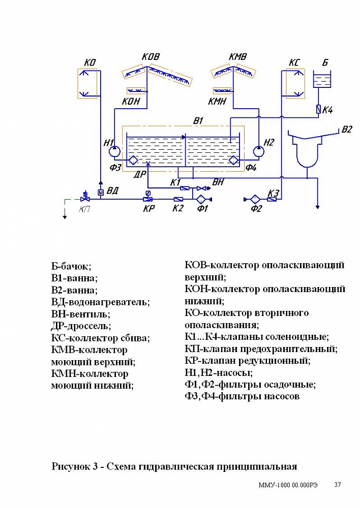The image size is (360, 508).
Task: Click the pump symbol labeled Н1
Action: tap(115, 151)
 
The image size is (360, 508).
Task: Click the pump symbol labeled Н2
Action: tap(259, 151)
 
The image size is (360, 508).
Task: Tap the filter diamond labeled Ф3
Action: tap(133, 160)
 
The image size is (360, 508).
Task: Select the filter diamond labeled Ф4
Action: tap(234, 160)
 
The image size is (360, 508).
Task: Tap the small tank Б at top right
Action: tap(321, 80)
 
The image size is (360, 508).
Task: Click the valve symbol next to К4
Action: tap(318, 109)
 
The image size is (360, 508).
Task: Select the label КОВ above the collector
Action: tap(151, 56)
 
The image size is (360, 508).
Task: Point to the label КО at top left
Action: tap(90, 62)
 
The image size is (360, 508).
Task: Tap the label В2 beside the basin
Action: tap(346, 130)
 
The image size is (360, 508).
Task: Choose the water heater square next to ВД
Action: tap(100, 192)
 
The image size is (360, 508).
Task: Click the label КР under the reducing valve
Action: tap(148, 208)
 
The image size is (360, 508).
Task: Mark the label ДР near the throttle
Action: tap(140, 174)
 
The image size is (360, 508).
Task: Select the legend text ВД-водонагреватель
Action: tap(100, 302)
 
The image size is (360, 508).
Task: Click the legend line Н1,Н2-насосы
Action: tap(218, 372)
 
